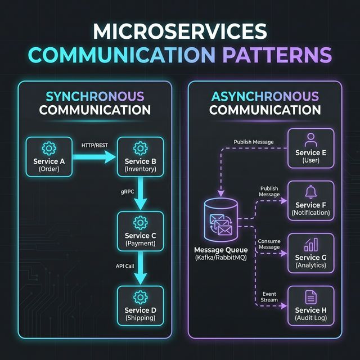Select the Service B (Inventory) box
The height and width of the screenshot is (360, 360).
139,157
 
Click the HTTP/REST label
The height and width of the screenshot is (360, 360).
94,145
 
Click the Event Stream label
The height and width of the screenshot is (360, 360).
269,296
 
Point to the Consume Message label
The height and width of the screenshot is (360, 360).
269,244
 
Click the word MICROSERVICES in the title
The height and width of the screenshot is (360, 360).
180,31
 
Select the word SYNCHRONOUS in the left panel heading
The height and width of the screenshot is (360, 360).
94,96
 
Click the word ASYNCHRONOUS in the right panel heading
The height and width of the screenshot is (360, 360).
264,96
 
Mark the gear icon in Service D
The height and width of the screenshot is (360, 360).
139,296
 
